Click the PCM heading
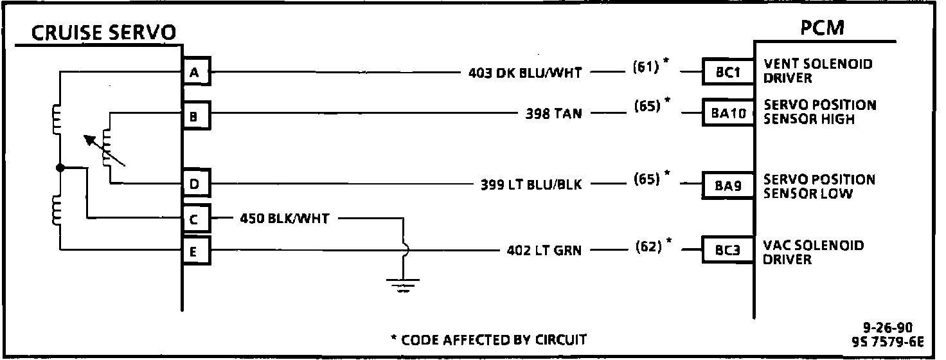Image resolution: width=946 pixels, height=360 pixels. pos(822,28)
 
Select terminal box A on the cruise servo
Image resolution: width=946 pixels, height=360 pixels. pos(195,73)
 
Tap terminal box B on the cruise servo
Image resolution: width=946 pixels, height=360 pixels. pos(195,116)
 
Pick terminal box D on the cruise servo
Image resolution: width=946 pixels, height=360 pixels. pos(195,184)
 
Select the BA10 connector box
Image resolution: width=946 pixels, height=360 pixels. pos(728,113)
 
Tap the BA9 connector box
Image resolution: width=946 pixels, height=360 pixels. pos(728,186)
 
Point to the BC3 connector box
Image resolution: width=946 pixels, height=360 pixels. pos(728,250)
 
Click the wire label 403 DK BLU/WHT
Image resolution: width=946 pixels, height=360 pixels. pos(525,73)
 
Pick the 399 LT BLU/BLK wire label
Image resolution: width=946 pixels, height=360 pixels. pos(531,184)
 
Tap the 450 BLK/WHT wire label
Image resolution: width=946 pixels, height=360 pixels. pos(284,219)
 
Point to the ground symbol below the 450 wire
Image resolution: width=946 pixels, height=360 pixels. pos(403,283)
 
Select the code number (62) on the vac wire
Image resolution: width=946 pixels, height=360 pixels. pos(648,246)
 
